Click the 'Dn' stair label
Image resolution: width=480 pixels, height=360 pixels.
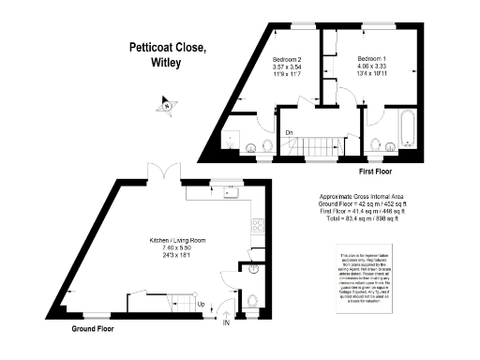292,133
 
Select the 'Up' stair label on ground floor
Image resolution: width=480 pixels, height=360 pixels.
200,305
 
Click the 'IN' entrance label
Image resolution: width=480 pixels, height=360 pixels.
226,324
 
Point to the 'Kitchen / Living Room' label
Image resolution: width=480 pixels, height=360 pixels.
172,241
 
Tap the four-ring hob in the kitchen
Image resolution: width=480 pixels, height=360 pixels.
256,225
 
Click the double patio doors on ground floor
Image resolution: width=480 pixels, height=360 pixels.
166,173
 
